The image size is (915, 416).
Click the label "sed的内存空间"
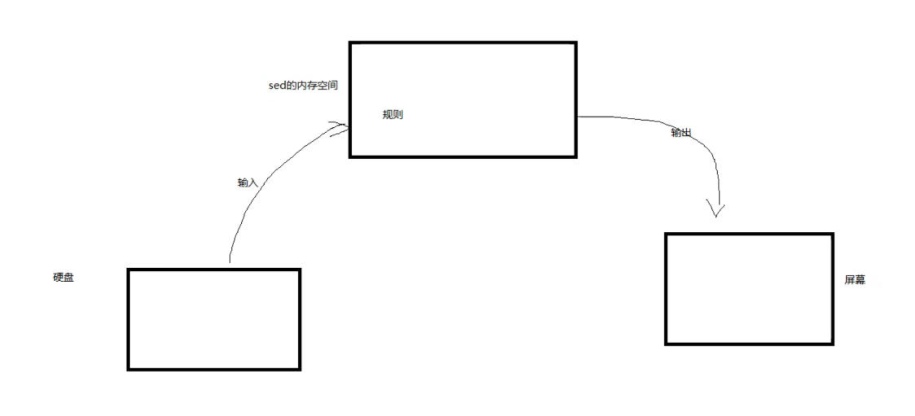[x=303, y=86]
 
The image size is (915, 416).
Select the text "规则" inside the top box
[x=392, y=115]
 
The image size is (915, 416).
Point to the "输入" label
[x=247, y=183]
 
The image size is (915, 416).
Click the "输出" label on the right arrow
[x=681, y=133]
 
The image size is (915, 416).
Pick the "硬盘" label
[x=63, y=277]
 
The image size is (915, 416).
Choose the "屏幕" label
[x=855, y=279]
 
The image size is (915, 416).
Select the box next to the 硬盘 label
[x=214, y=320]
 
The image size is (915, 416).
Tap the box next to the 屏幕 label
[x=749, y=289]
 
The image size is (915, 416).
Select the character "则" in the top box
[x=398, y=115]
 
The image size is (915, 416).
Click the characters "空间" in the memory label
[x=328, y=86]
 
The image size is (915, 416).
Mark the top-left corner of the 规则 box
[x=350, y=43]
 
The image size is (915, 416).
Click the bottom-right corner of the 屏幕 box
[x=832, y=343]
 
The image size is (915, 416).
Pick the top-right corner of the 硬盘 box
[x=299, y=270]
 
